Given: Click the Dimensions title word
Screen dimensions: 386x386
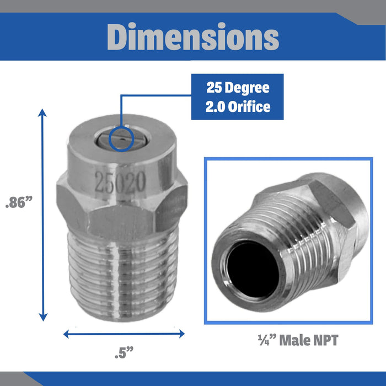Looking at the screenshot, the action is [193, 37].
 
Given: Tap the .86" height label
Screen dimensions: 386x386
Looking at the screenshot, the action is [19, 202].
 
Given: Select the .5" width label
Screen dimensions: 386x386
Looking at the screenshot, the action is [124, 352].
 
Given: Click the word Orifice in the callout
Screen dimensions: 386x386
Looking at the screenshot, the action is [249, 107].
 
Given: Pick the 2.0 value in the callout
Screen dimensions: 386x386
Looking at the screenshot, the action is [215, 107].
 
